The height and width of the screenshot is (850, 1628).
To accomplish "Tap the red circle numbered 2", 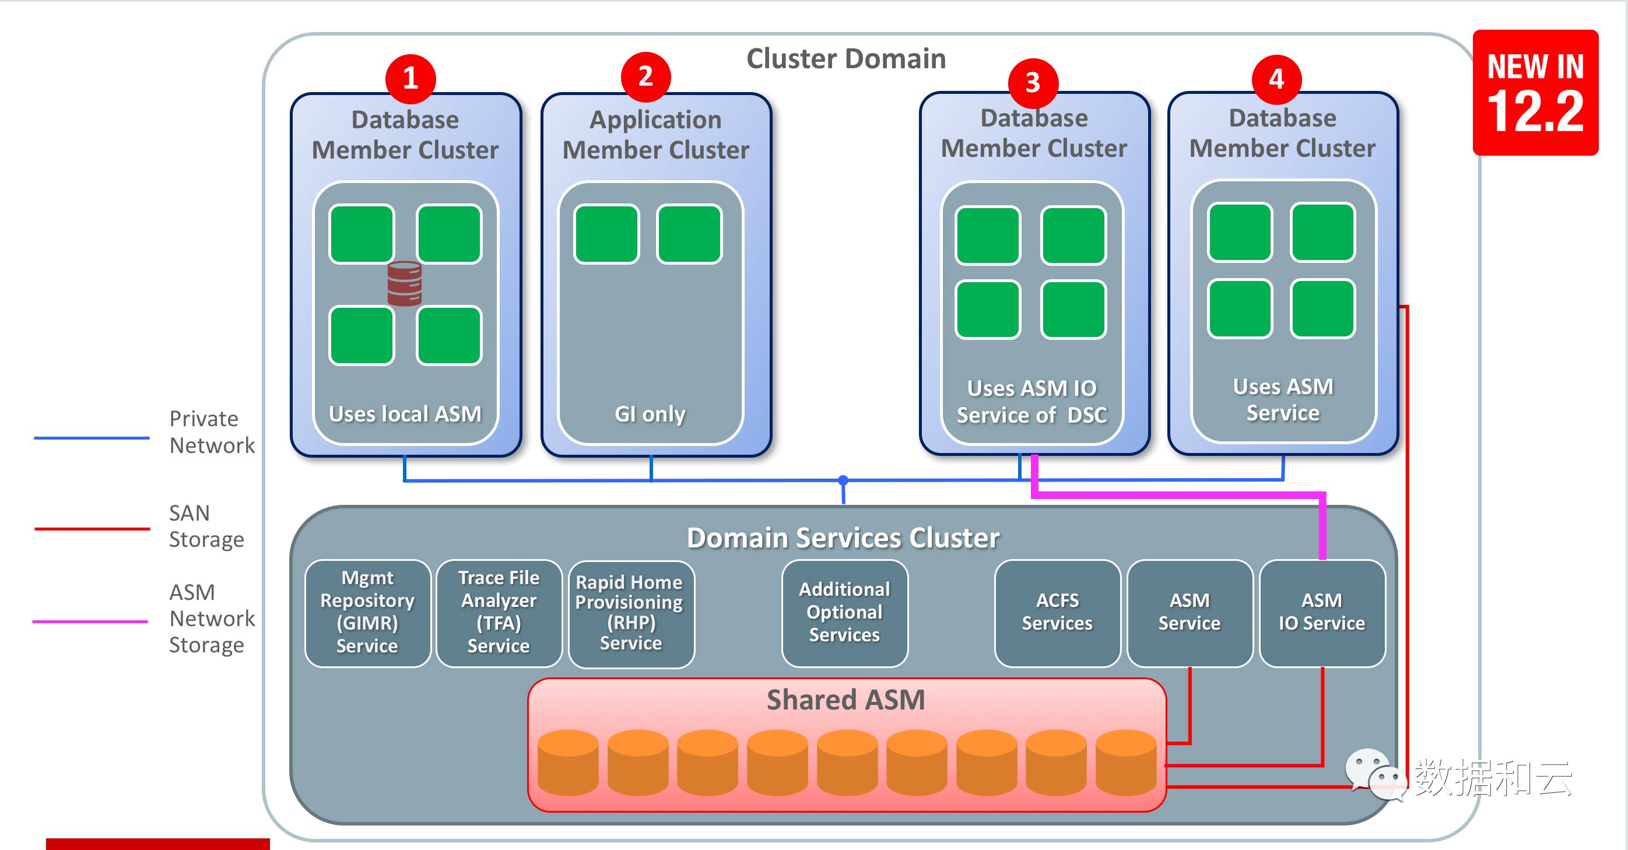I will (645, 76).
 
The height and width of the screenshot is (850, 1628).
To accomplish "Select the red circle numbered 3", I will (1033, 83).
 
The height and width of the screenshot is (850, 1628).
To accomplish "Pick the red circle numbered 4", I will (1276, 79).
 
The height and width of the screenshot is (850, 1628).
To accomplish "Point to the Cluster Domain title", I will (845, 59).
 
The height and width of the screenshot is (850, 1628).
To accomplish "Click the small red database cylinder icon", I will (405, 283).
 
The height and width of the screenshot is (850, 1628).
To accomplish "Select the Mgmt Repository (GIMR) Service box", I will (367, 612).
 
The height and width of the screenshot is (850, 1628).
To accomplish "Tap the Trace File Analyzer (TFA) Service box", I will (499, 612).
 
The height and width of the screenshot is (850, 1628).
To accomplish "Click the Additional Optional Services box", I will (844, 612).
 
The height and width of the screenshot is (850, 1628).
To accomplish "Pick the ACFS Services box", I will (1057, 612).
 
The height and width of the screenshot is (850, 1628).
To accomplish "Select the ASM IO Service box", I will (1321, 612).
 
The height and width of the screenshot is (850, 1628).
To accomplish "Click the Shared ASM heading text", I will (845, 700).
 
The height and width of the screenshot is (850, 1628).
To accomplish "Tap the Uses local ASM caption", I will (405, 414).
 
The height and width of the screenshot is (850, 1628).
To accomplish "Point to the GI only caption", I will (650, 414).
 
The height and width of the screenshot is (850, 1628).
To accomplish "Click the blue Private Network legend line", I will (92, 437).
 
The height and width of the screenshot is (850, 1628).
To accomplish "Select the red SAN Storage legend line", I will (92, 528).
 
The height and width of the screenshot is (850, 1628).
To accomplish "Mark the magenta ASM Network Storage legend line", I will (90, 621).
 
